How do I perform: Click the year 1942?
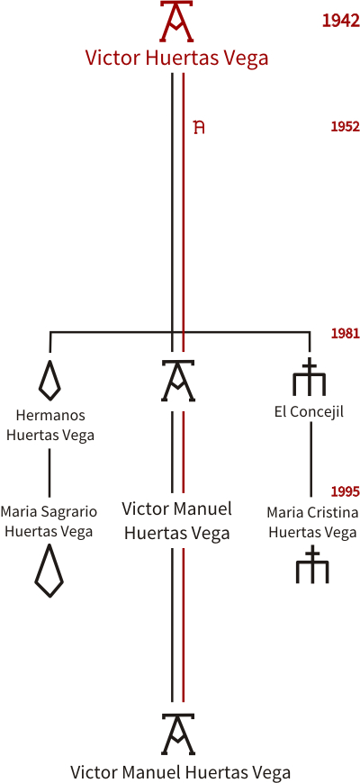coord(341,21)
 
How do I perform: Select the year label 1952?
coord(345,127)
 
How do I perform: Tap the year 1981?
coord(345,333)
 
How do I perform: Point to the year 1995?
coord(345,491)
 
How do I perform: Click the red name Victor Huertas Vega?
coord(176,58)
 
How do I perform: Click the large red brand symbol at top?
coord(176,21)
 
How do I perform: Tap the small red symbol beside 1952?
coord(200,127)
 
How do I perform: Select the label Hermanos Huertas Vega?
coord(50,425)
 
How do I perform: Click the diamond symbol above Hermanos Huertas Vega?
coord(49,380)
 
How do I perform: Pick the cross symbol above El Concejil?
coord(310,376)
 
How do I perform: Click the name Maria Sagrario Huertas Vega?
coord(49,521)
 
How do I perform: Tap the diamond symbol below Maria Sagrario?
coord(49,571)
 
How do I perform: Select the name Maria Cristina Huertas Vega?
coord(312,522)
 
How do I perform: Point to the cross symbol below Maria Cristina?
coord(312,565)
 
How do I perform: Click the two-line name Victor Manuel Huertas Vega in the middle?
coord(176,521)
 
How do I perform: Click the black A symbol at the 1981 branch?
coord(178,381)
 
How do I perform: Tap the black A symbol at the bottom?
coord(178,734)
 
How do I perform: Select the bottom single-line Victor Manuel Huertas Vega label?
coord(180,771)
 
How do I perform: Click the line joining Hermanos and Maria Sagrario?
coord(49,472)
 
